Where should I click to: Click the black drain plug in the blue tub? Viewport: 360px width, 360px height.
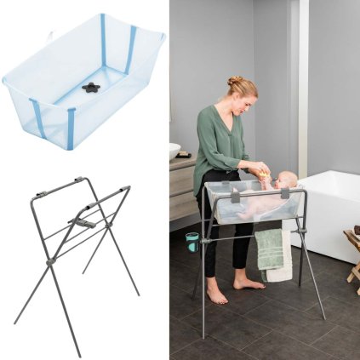coord(91,87)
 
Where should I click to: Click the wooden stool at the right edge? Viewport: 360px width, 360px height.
coord(352,255)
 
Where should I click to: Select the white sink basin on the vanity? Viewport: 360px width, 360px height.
coord(174,151)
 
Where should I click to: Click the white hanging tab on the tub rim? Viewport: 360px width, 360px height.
coord(51,36)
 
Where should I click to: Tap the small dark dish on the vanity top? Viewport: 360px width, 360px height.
coord(182,154)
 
